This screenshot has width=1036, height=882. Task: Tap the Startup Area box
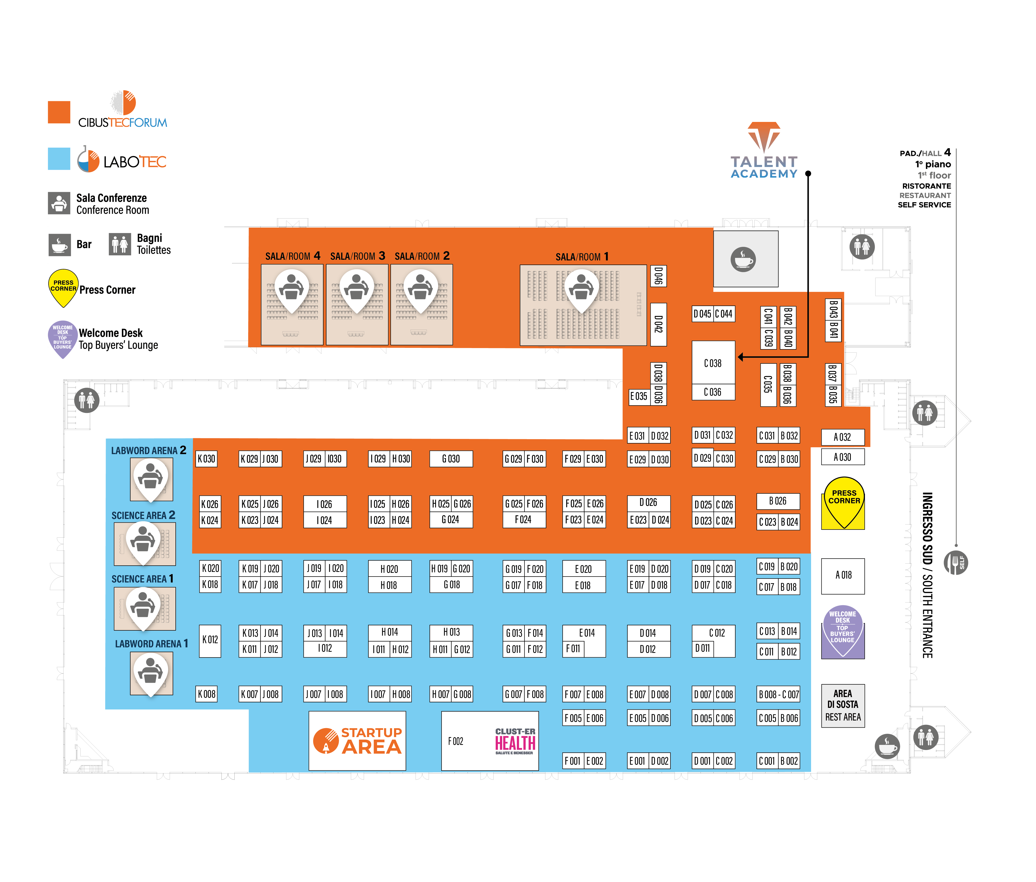click(357, 741)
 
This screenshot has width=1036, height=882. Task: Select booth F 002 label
click(456, 741)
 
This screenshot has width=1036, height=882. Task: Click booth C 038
click(713, 363)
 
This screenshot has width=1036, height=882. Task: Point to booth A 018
click(843, 575)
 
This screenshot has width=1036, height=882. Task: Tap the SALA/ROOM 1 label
click(582, 257)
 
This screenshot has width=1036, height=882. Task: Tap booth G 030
click(451, 459)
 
